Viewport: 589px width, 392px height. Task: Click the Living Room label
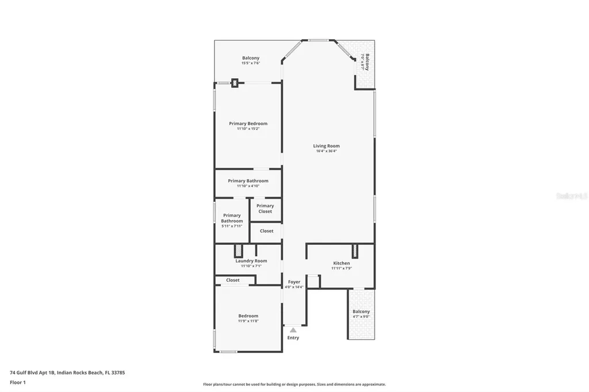[326, 146]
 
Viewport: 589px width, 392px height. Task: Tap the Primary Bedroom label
[248, 124]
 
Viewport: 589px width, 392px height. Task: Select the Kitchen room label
[341, 263]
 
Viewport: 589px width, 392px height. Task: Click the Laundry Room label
[251, 261]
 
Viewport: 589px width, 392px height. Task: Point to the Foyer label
[294, 282]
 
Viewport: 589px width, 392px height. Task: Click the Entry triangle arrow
[293, 330]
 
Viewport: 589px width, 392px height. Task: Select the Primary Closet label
[265, 209]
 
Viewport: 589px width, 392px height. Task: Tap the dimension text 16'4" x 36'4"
[326, 152]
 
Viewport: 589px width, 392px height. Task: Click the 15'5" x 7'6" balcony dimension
[251, 63]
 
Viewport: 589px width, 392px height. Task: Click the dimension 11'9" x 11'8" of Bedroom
[248, 321]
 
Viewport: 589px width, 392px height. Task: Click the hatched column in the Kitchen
[355, 251]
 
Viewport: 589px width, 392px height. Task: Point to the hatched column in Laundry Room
[238, 251]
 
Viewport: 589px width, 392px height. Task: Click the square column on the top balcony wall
[235, 83]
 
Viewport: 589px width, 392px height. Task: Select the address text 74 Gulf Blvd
[67, 372]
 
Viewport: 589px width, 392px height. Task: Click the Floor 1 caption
[18, 382]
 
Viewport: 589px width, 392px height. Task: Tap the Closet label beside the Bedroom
[233, 280]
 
